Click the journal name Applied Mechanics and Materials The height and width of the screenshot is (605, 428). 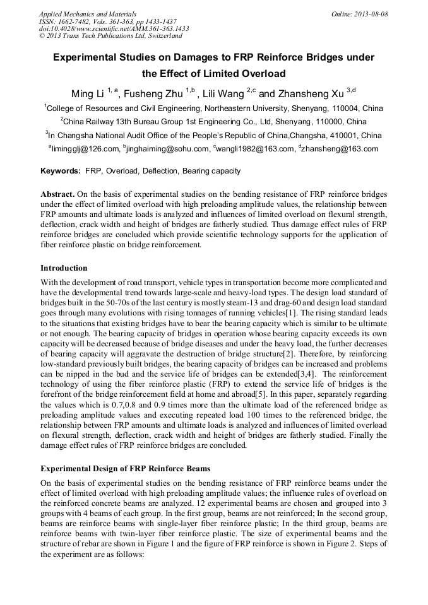pyautogui.click(x=88, y=14)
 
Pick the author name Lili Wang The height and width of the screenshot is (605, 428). pyautogui.click(x=223, y=95)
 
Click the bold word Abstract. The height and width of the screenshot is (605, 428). pyautogui.click(x=59, y=194)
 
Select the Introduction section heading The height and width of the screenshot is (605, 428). pyautogui.click(x=64, y=267)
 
